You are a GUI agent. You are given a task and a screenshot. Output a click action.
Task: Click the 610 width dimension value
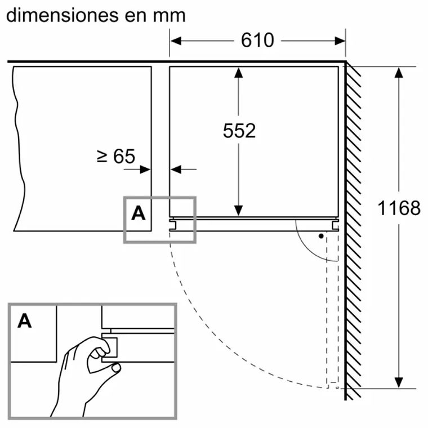(257, 40)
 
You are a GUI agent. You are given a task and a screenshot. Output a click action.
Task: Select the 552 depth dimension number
(239, 130)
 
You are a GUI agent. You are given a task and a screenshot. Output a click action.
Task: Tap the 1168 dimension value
(399, 208)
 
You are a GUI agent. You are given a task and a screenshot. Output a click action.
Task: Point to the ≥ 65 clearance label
(116, 156)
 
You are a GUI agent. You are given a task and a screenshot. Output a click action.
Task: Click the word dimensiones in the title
(63, 15)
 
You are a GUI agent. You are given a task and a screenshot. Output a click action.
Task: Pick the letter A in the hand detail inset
(25, 321)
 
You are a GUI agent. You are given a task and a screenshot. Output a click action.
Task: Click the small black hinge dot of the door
(320, 236)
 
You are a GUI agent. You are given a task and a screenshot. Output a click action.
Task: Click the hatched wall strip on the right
(353, 225)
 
